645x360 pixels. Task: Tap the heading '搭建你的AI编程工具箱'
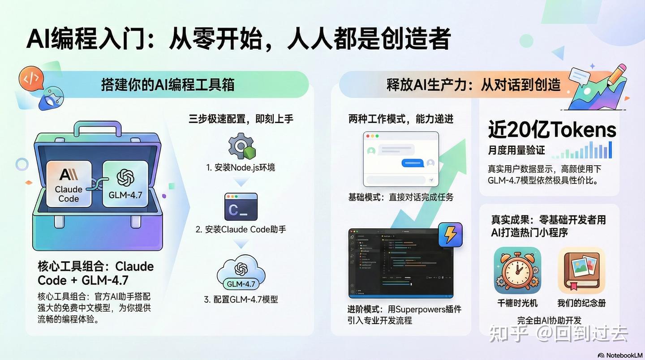pyautogui.click(x=168, y=84)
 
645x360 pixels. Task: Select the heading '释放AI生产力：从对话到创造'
pyautogui.click(x=473, y=84)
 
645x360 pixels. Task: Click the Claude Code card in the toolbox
pyautogui.click(x=69, y=184)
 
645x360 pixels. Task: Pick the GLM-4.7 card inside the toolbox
pyautogui.click(x=125, y=184)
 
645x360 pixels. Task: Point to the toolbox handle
pyautogui.click(x=98, y=128)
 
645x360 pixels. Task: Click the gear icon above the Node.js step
pyautogui.click(x=240, y=146)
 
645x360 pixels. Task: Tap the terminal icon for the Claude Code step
pyautogui.click(x=241, y=207)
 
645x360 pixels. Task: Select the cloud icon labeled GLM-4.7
pyautogui.click(x=241, y=274)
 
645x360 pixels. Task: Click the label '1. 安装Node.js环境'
pyautogui.click(x=241, y=167)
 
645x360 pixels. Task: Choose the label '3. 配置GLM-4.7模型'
pyautogui.click(x=241, y=299)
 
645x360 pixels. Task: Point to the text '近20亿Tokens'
pyautogui.click(x=552, y=130)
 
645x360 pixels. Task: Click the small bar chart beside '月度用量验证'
pyautogui.click(x=582, y=150)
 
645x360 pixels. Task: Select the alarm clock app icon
pyautogui.click(x=517, y=270)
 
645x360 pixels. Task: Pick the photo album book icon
pyautogui.click(x=581, y=270)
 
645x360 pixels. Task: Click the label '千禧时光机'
pyautogui.click(x=517, y=303)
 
